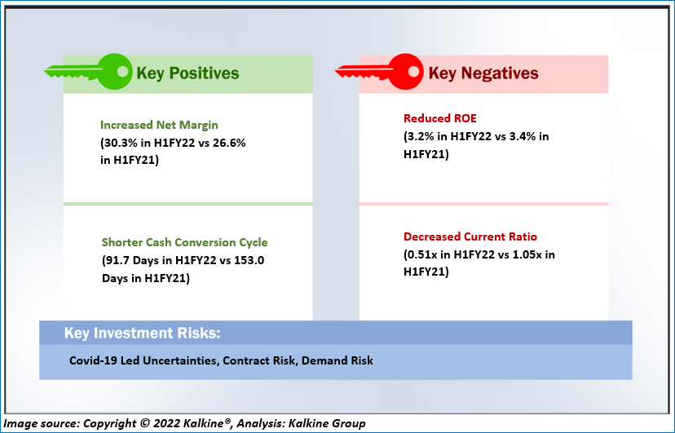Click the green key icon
(x=88, y=72)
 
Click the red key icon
(x=379, y=72)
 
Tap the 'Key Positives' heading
(x=187, y=73)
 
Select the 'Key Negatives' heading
(x=483, y=73)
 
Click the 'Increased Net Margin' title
(x=159, y=125)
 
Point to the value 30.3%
(x=119, y=143)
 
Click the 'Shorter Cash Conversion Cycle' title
(x=184, y=242)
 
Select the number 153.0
(x=249, y=260)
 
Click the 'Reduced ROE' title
(x=440, y=118)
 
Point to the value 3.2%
(x=421, y=136)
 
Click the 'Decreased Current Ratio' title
(x=470, y=236)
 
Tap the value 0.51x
(x=422, y=254)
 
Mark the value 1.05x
(x=527, y=254)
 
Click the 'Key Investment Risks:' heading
(x=142, y=334)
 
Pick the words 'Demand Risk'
(x=337, y=360)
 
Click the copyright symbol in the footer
(x=144, y=423)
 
